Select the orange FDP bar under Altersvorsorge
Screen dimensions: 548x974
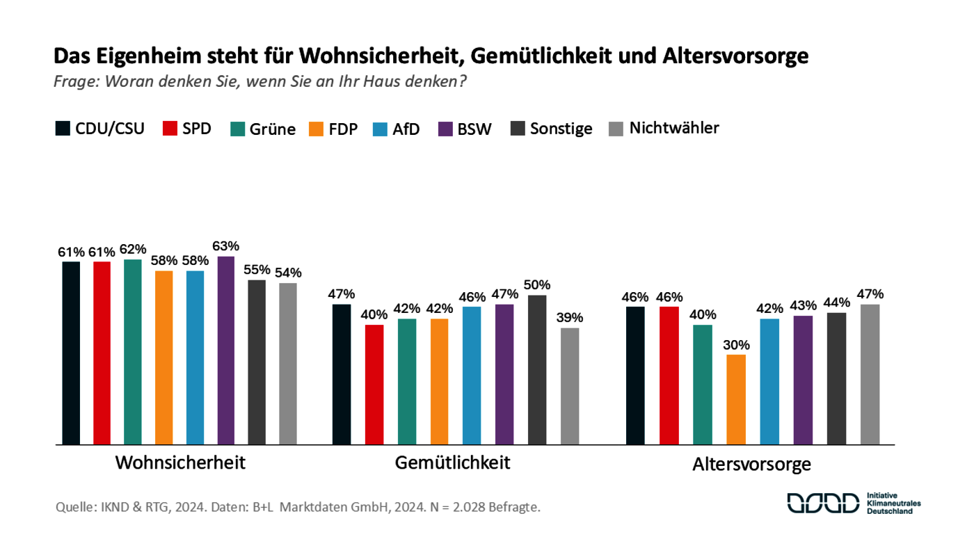736,399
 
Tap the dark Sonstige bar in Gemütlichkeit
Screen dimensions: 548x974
537,369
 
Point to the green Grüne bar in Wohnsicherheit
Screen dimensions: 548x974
133,351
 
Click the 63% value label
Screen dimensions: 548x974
226,245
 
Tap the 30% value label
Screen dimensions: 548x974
736,344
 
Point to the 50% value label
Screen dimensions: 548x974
537,284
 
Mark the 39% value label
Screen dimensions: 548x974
570,317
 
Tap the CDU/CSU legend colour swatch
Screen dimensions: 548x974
63,129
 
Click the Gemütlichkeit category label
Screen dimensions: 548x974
452,462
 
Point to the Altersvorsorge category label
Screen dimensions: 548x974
751,465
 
